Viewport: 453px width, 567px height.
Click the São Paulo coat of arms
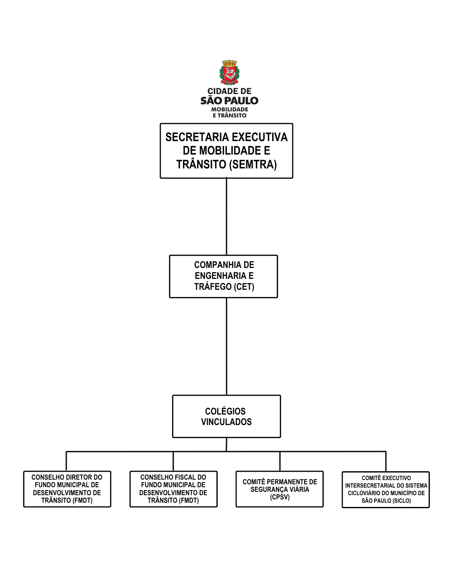229,73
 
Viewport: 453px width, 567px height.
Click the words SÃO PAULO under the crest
229,101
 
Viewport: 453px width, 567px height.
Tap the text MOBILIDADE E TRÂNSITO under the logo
229,113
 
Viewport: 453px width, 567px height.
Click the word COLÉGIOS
225,412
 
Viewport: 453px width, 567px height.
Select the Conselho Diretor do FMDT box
67,489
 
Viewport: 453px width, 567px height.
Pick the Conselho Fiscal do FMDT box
173,489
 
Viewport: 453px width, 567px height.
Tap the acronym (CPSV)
280,497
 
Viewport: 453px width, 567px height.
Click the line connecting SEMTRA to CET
226,216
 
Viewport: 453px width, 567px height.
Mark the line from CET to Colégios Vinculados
226,346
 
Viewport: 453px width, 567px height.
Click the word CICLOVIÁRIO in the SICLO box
364,493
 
